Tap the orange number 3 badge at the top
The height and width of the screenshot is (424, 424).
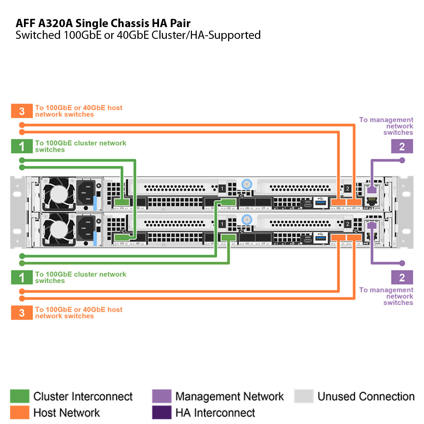[22, 111]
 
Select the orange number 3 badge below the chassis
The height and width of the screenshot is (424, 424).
[22, 313]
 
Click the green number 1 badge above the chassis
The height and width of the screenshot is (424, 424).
[22, 146]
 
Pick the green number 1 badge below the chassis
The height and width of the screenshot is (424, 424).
[22, 278]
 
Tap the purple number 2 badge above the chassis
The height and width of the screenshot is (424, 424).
[402, 146]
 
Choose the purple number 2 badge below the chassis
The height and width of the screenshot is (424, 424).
[402, 278]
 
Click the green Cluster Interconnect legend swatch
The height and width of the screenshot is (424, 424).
[20, 397]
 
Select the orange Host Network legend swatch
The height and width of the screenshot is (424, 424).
[20, 413]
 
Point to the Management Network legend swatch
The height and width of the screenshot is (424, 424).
[162, 397]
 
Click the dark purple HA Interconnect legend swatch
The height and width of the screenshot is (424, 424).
[162, 413]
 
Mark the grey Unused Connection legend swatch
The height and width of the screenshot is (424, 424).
[304, 397]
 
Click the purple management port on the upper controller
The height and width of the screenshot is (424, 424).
[371, 190]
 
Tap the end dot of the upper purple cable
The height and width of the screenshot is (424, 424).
[402, 160]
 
